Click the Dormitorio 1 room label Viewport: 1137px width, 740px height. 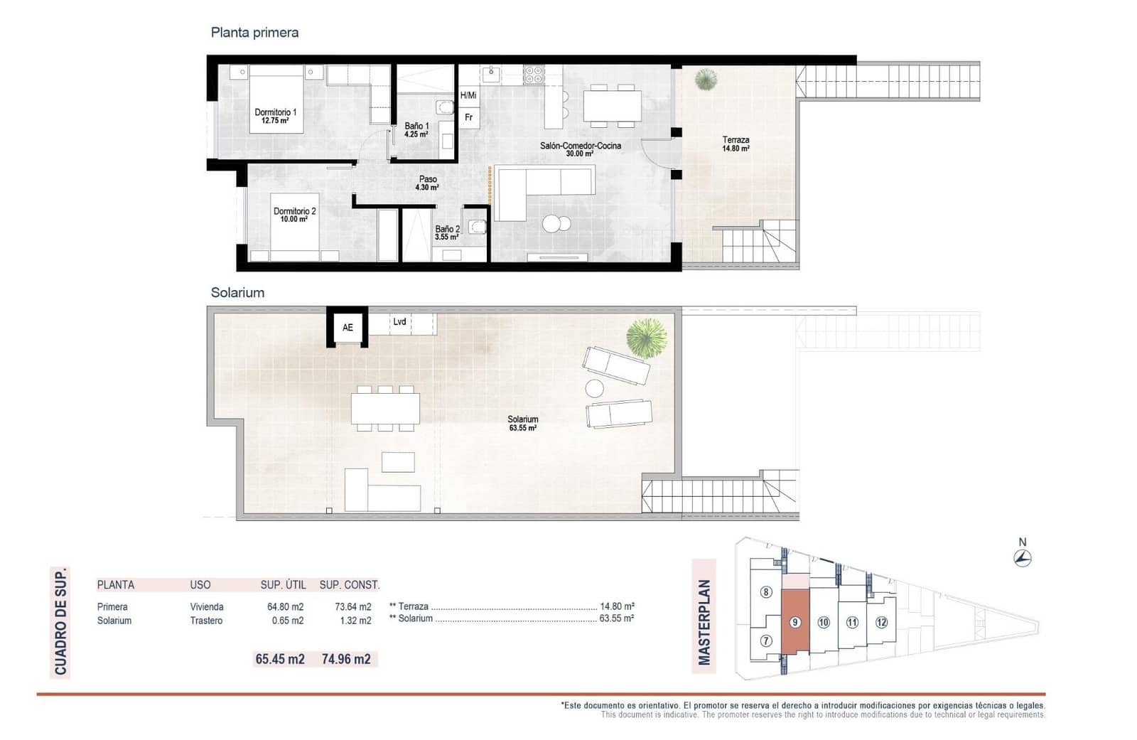(275, 116)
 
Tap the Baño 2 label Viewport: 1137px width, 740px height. (447, 232)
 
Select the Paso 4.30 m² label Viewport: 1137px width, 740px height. (427, 183)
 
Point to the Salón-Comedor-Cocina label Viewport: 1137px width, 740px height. (580, 149)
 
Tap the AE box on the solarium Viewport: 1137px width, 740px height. (347, 328)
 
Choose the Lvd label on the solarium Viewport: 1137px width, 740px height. (400, 322)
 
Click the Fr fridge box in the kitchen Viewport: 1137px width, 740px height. (468, 118)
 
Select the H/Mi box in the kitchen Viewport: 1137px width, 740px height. (468, 95)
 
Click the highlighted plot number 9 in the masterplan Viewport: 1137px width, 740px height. (794, 623)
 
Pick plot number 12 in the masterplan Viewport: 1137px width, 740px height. (881, 623)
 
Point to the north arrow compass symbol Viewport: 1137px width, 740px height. (1023, 559)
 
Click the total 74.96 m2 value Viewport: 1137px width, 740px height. (346, 659)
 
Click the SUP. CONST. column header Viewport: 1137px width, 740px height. (349, 585)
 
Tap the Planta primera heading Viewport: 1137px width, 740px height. (254, 33)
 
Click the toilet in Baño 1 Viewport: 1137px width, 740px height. (446, 108)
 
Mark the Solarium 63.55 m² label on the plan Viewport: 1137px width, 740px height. (522, 424)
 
